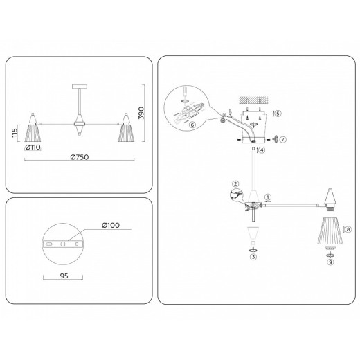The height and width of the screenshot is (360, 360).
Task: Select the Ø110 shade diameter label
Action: pos(34,146)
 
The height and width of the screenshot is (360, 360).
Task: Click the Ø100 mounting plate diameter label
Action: pos(110,224)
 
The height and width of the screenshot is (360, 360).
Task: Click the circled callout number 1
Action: pos(268,197)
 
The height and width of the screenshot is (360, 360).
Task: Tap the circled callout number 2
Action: pos(236,184)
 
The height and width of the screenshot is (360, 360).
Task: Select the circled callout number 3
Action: pos(253,257)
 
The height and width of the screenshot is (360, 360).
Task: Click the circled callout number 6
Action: pos(192,125)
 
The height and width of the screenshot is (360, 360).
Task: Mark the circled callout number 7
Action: pos(283,139)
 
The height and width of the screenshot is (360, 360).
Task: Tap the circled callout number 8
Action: pos(348,229)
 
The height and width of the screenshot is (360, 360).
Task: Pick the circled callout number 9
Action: pos(330,262)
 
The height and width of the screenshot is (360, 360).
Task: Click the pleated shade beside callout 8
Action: pos(328,231)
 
